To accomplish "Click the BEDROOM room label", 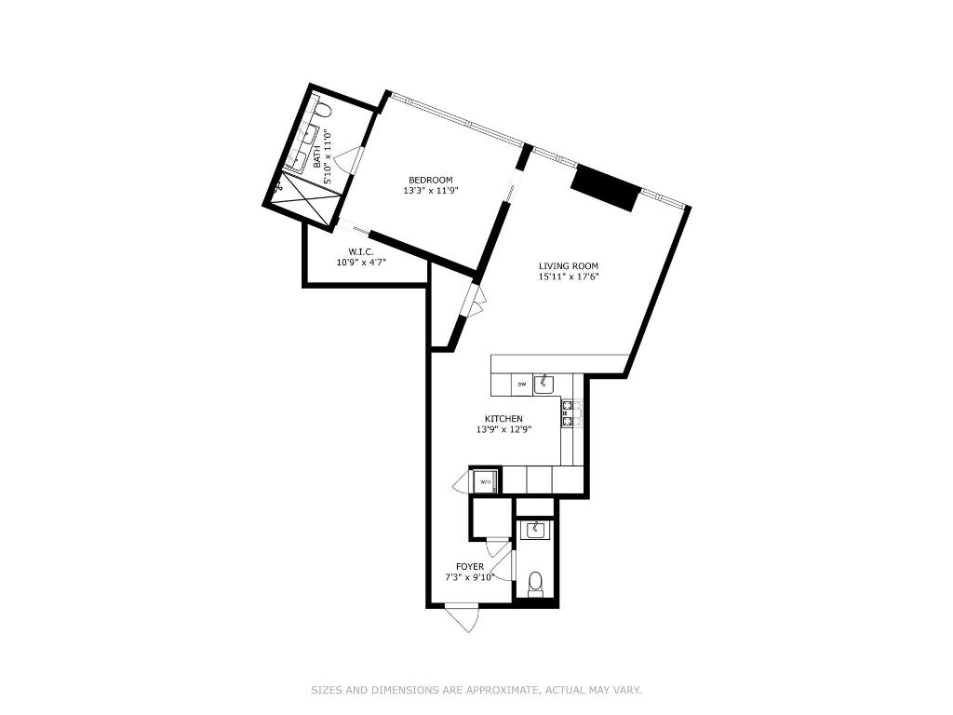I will [x=431, y=180].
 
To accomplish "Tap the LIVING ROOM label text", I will [x=569, y=266].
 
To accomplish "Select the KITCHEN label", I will [x=503, y=419].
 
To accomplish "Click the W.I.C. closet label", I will [x=361, y=251].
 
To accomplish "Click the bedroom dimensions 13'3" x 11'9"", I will [x=431, y=190].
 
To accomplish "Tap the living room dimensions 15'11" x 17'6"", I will [x=569, y=277].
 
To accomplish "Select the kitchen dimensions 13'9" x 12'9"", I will [x=503, y=429].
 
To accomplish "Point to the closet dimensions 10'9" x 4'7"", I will [x=361, y=263].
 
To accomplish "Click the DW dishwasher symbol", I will [x=521, y=384].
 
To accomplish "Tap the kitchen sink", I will [x=544, y=384].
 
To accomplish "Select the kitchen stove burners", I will [x=571, y=413].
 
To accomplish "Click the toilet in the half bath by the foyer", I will [x=535, y=585].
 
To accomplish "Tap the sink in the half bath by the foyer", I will [x=535, y=531].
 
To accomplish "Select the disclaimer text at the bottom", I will [x=476, y=690].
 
